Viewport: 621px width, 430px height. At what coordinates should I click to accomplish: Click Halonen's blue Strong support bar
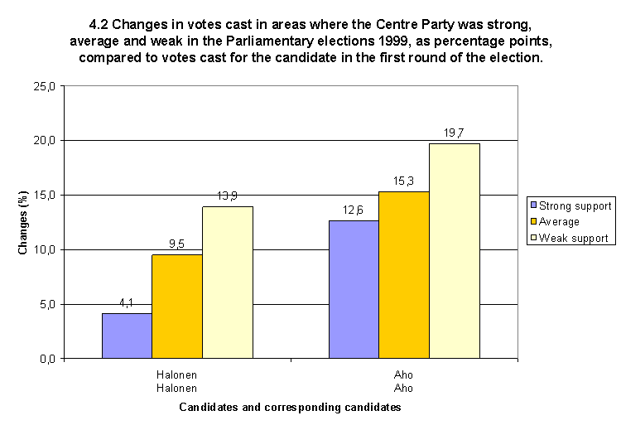[127, 336]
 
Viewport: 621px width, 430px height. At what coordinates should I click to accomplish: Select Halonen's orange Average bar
[177, 307]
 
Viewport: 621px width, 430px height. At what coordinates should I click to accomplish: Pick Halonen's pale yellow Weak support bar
[228, 283]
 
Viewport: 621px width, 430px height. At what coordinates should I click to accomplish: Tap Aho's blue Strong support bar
[354, 289]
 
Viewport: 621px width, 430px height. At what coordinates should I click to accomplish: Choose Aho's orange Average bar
[404, 275]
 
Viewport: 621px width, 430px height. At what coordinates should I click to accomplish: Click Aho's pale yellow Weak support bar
[455, 251]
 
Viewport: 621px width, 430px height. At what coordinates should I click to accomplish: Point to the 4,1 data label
[127, 304]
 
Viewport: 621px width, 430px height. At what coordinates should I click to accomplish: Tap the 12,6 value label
[354, 211]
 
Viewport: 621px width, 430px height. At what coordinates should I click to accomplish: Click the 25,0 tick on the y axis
[46, 86]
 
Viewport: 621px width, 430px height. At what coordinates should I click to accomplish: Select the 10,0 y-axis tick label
[46, 249]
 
